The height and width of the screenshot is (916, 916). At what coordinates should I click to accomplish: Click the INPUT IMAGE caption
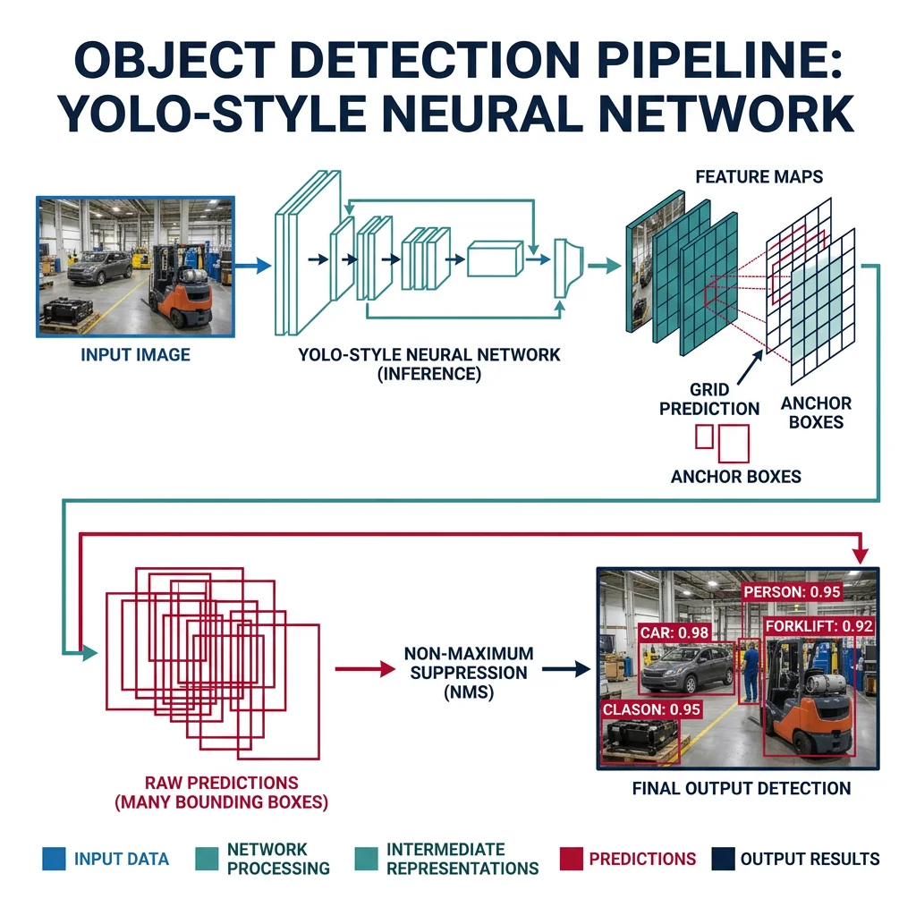[135, 355]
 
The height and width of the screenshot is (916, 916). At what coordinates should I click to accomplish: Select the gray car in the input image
[99, 266]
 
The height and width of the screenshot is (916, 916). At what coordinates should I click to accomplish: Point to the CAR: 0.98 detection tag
[674, 632]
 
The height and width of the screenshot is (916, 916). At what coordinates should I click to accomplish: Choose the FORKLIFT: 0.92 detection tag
[818, 626]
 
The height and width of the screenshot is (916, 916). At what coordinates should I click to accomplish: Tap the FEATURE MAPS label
[759, 176]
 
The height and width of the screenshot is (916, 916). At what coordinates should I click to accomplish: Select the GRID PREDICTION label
[709, 400]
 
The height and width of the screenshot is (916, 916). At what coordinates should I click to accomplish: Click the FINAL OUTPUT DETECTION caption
[742, 788]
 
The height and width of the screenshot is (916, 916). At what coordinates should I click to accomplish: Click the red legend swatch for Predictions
[570, 859]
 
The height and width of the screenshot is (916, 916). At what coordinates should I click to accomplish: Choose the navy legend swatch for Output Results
[722, 859]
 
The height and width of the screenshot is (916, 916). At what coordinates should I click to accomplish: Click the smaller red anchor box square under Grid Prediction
[704, 436]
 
